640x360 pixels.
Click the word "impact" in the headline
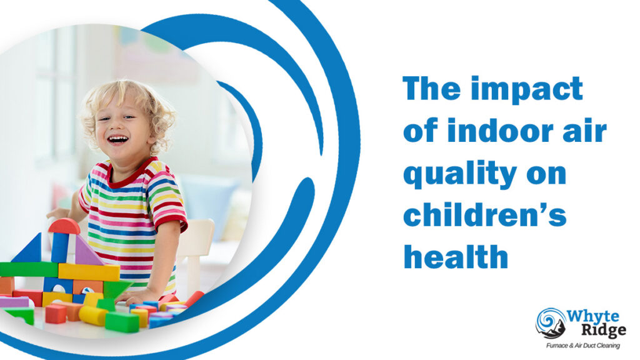(527, 89)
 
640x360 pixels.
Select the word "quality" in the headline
(460, 175)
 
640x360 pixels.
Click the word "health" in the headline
(456, 256)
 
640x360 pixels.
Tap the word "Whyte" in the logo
(592, 317)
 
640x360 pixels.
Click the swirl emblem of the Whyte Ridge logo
(551, 323)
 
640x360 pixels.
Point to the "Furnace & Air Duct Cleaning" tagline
(583, 346)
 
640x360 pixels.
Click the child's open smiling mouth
(118, 140)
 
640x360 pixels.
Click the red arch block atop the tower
(64, 226)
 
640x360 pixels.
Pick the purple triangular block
(86, 252)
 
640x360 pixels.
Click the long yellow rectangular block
(89, 272)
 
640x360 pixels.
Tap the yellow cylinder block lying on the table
(93, 316)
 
